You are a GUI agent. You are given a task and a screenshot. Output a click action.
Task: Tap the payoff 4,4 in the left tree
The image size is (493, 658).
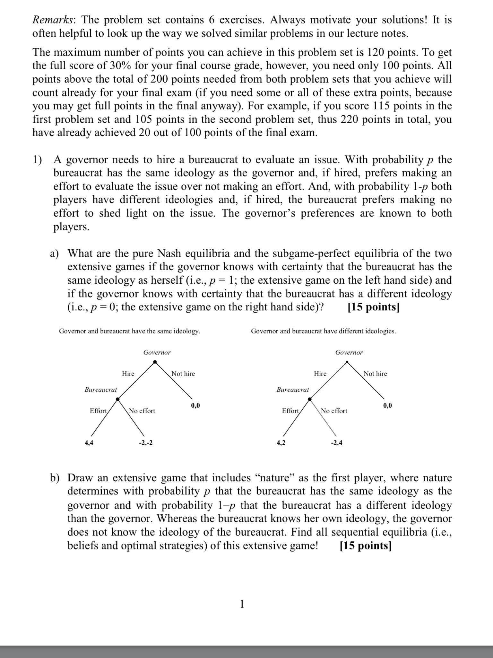(89, 443)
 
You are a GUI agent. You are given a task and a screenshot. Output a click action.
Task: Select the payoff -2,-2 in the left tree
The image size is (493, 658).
(146, 443)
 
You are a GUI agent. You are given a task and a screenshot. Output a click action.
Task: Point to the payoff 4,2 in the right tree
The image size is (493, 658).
(281, 443)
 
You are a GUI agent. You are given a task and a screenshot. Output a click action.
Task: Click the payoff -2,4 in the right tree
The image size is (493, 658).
(337, 443)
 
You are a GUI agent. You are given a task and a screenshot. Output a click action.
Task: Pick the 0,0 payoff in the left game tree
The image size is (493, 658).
(195, 405)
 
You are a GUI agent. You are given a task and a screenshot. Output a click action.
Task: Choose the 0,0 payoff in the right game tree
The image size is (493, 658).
(387, 405)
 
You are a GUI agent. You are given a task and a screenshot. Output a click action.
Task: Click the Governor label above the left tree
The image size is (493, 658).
(157, 352)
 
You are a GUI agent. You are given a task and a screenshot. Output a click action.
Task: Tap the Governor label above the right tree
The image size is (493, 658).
(349, 352)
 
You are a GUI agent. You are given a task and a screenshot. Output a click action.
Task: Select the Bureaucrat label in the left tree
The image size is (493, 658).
(101, 390)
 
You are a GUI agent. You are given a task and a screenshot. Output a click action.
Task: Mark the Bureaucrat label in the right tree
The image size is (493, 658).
(293, 390)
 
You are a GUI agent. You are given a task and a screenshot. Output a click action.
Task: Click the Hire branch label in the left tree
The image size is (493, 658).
(128, 374)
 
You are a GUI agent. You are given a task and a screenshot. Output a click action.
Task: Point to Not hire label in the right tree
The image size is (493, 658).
(375, 374)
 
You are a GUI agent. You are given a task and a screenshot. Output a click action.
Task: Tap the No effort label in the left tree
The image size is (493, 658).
(142, 411)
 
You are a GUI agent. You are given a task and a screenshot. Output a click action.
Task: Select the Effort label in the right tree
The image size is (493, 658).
(290, 411)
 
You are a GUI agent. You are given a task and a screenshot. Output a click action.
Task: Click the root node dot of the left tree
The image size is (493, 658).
(155, 362)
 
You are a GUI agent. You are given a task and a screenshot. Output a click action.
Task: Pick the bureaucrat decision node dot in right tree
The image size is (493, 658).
(310, 399)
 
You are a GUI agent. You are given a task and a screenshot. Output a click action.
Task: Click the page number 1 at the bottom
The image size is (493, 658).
(242, 604)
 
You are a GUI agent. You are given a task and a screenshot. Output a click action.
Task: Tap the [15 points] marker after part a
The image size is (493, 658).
(374, 307)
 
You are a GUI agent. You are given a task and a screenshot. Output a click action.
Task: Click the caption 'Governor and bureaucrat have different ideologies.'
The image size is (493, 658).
(323, 331)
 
